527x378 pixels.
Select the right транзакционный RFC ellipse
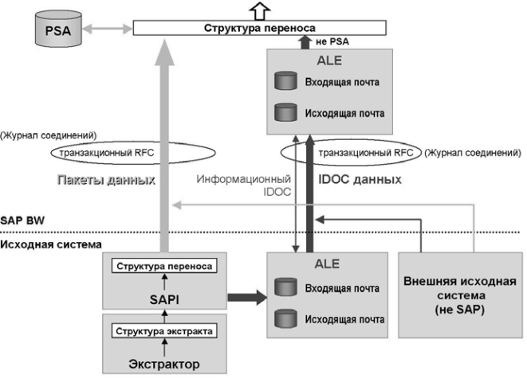pos(351,151)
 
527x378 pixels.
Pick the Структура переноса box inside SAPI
pos(163,266)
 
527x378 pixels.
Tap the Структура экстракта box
pos(163,330)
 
